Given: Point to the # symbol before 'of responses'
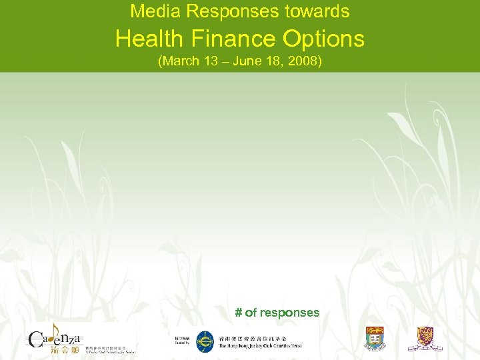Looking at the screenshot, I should tap(239, 313).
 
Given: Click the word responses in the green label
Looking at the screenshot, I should tap(289, 313).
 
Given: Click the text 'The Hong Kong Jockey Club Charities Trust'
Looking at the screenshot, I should tap(260, 346).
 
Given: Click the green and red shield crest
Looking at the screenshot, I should tap(375, 339).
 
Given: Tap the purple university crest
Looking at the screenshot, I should tap(425, 338).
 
